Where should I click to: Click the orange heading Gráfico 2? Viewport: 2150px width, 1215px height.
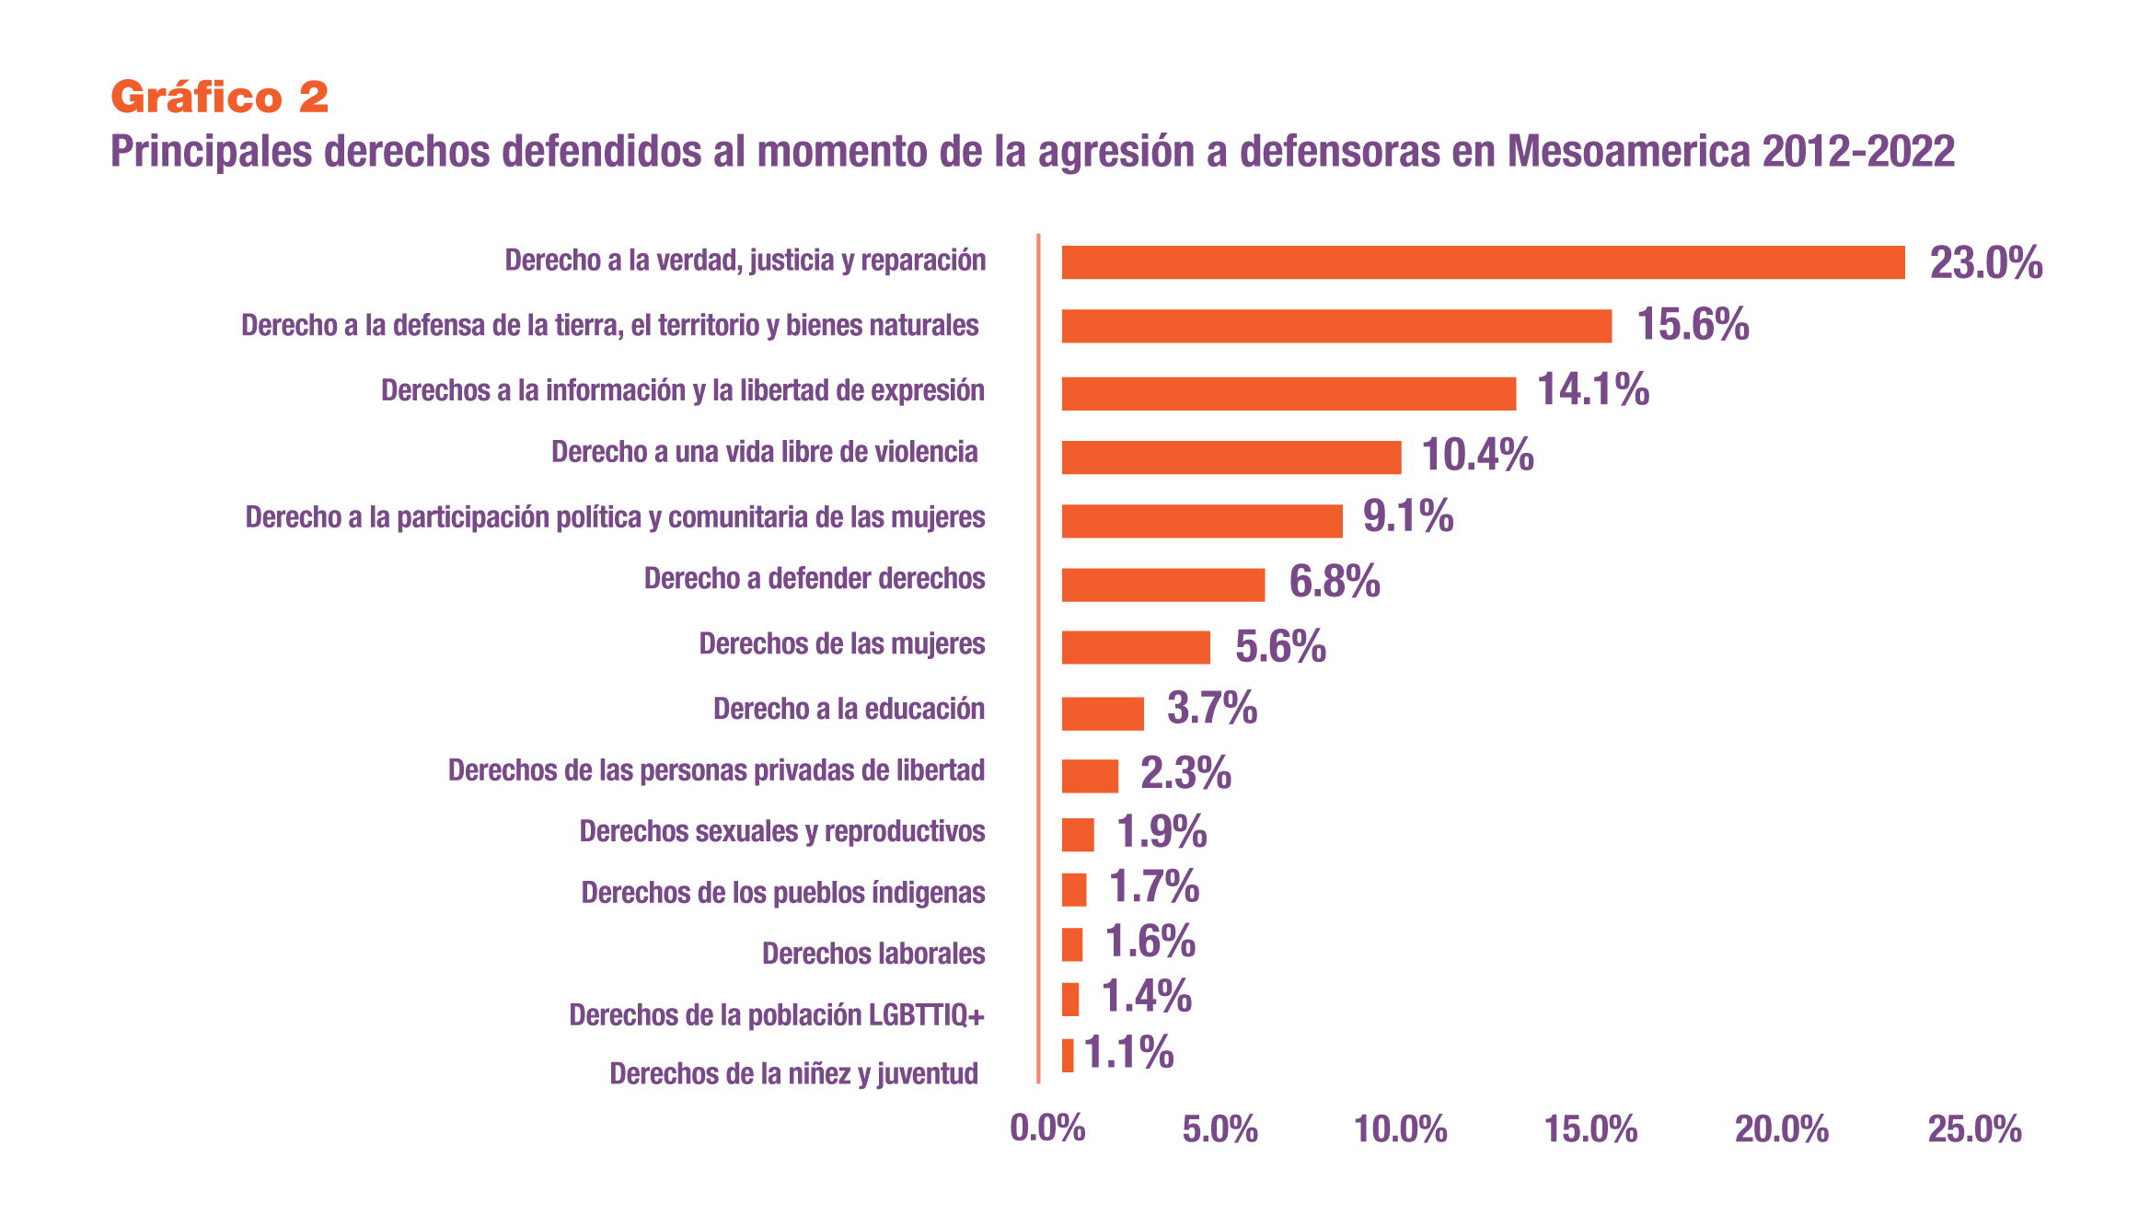219,98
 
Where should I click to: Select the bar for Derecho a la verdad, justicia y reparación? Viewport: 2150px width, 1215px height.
1482,262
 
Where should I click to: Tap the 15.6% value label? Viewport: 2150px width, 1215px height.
1693,325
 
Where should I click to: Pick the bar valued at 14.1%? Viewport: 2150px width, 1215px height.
1289,393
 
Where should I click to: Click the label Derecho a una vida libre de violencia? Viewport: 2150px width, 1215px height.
764,452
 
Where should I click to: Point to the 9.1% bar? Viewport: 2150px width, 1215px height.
1201,521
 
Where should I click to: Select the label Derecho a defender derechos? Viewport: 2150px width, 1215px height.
814,578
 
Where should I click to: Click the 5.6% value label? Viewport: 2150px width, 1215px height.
1280,646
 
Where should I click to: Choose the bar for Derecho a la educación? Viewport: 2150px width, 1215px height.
1102,713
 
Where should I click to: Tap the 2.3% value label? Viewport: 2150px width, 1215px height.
1185,773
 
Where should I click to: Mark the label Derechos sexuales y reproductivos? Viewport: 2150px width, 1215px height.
781,831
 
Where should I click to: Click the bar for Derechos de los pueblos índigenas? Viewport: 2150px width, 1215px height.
1073,890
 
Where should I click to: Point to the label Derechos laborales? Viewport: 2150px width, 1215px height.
873,954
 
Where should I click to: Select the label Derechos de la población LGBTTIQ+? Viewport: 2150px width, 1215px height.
776,1015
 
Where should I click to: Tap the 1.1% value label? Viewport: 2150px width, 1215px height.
1128,1052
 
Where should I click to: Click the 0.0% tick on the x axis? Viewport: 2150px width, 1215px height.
1047,1128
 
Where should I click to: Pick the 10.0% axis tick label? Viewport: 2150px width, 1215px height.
1400,1128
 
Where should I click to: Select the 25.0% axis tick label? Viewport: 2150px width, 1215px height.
1974,1128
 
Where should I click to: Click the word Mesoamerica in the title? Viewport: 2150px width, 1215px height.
1628,152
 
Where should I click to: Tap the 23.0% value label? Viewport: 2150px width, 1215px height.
1986,263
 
